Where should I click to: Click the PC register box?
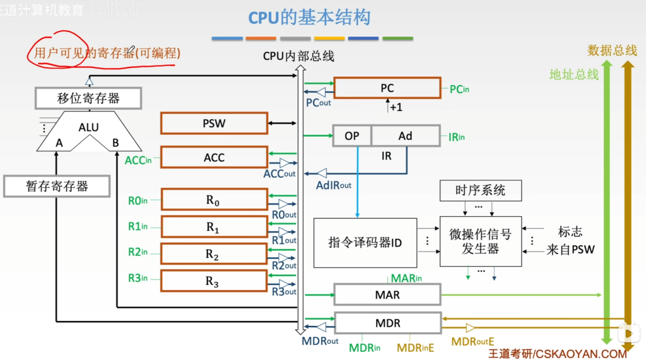tap(387, 88)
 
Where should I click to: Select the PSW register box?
tap(214, 123)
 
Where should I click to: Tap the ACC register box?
tap(214, 158)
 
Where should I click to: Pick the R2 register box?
tap(214, 253)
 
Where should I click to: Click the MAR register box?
tap(387, 294)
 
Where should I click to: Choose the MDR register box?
tap(388, 323)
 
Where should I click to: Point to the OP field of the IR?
tap(352, 136)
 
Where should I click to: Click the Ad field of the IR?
tap(406, 136)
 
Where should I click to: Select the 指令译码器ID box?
tap(365, 243)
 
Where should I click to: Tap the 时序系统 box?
tap(480, 190)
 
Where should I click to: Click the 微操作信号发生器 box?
tap(480, 241)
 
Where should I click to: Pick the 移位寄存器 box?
tap(88, 98)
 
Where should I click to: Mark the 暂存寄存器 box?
tap(57, 186)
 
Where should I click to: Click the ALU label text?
tap(88, 127)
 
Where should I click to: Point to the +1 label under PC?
tap(396, 108)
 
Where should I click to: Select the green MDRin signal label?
tap(365, 348)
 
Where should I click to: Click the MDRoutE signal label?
tap(473, 342)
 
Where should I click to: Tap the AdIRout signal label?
tap(334, 186)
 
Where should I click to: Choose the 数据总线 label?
tap(612, 50)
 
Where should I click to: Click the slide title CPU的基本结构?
tap(309, 18)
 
